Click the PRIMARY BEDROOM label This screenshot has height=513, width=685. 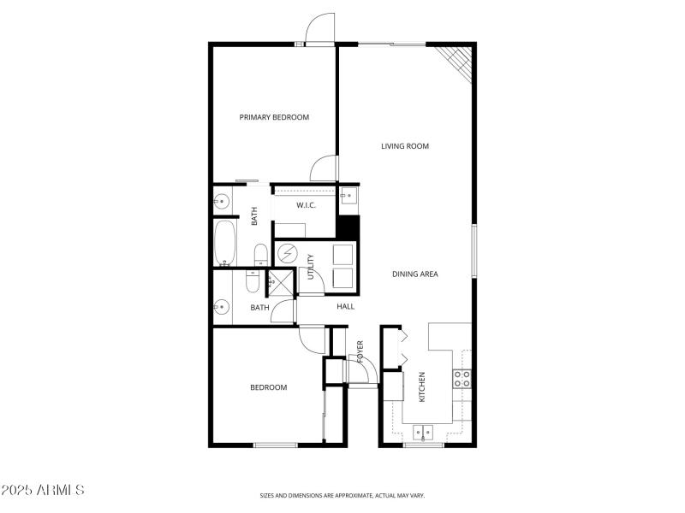pyautogui.click(x=274, y=117)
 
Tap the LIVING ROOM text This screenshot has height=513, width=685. pyautogui.click(x=405, y=146)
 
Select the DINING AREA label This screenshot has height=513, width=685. pyautogui.click(x=415, y=274)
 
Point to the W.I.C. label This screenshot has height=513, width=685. pyautogui.click(x=307, y=205)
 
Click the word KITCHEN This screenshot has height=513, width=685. pyautogui.click(x=421, y=387)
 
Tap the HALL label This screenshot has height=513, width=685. pyautogui.click(x=345, y=306)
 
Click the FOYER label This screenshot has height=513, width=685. pyautogui.click(x=360, y=351)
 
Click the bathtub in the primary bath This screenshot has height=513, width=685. pyautogui.click(x=225, y=242)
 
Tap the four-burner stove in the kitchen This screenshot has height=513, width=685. pyautogui.click(x=462, y=378)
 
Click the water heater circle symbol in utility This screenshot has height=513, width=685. pyautogui.click(x=286, y=255)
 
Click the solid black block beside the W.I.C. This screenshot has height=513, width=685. pyautogui.click(x=348, y=227)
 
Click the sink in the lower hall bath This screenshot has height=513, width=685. pyautogui.click(x=222, y=306)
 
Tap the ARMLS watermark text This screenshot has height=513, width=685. pyautogui.click(x=42, y=491)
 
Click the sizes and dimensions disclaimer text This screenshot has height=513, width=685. pyautogui.click(x=342, y=495)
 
